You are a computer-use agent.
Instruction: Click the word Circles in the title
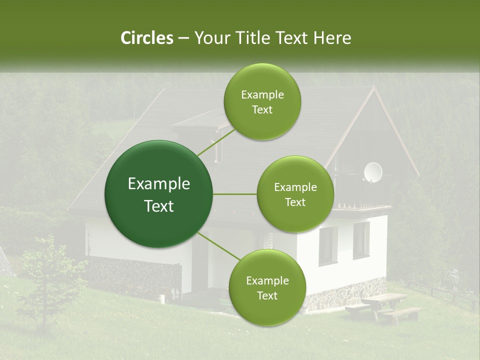[147, 38]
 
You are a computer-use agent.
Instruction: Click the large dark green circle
[158, 194]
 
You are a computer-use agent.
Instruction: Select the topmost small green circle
[262, 101]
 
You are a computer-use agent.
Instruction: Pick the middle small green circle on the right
[295, 194]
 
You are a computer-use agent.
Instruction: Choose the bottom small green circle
[267, 287]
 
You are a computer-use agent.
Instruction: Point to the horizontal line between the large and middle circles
[234, 194]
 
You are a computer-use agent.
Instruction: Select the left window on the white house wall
[328, 245]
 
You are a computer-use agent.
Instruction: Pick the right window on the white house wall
[361, 240]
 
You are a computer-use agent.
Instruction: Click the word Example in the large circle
[158, 184]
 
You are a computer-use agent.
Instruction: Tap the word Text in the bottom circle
[267, 295]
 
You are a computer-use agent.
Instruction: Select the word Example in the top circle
[262, 94]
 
